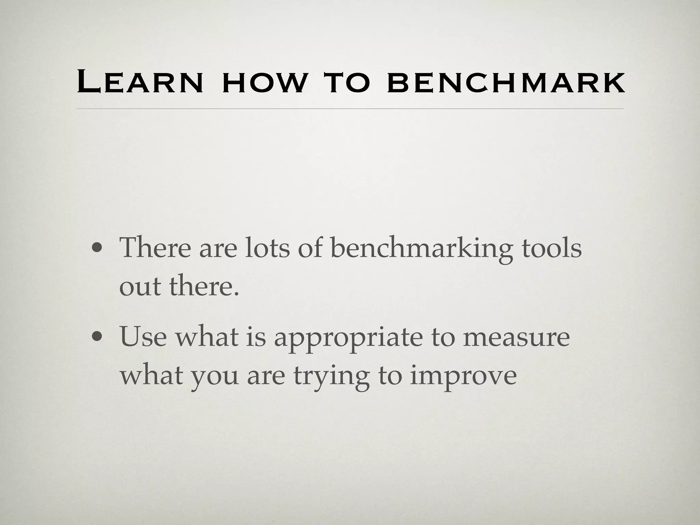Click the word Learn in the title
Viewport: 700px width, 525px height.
point(140,82)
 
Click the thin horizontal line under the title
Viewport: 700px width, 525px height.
point(350,109)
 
